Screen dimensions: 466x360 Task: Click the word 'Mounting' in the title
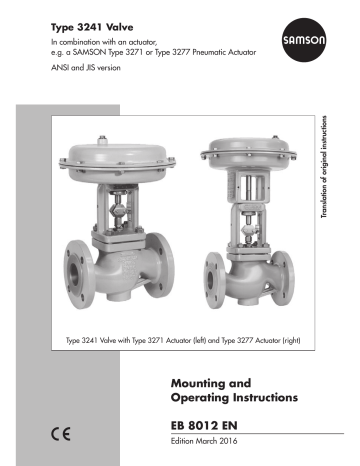(x=199, y=381)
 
